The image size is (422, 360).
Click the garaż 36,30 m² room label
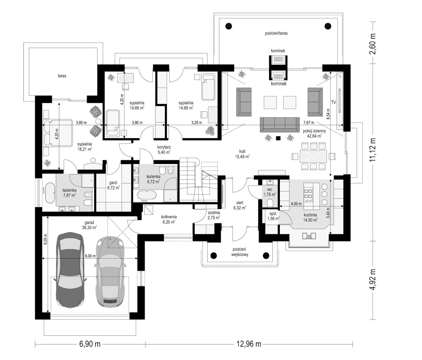[90, 224]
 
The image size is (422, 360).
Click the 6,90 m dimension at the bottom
[89, 344]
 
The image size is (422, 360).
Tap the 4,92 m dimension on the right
[373, 280]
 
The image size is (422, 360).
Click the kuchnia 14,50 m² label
[310, 217]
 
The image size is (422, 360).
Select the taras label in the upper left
[63, 76]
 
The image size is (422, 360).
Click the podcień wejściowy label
[239, 252]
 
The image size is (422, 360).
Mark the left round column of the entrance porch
[214, 255]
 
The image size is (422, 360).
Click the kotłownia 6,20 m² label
[169, 219]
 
